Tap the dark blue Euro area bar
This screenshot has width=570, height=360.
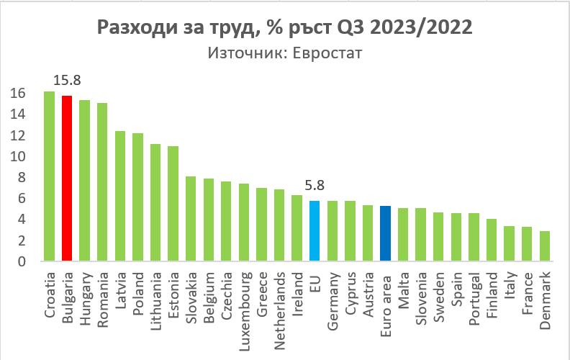(386, 233)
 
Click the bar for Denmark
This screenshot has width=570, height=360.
(546, 246)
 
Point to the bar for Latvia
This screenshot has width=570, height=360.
(120, 195)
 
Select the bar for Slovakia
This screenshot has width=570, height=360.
(191, 218)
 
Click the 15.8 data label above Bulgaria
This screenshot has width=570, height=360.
(67, 79)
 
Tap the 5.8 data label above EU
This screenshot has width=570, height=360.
(315, 185)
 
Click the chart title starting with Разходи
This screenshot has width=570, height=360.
(285, 28)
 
